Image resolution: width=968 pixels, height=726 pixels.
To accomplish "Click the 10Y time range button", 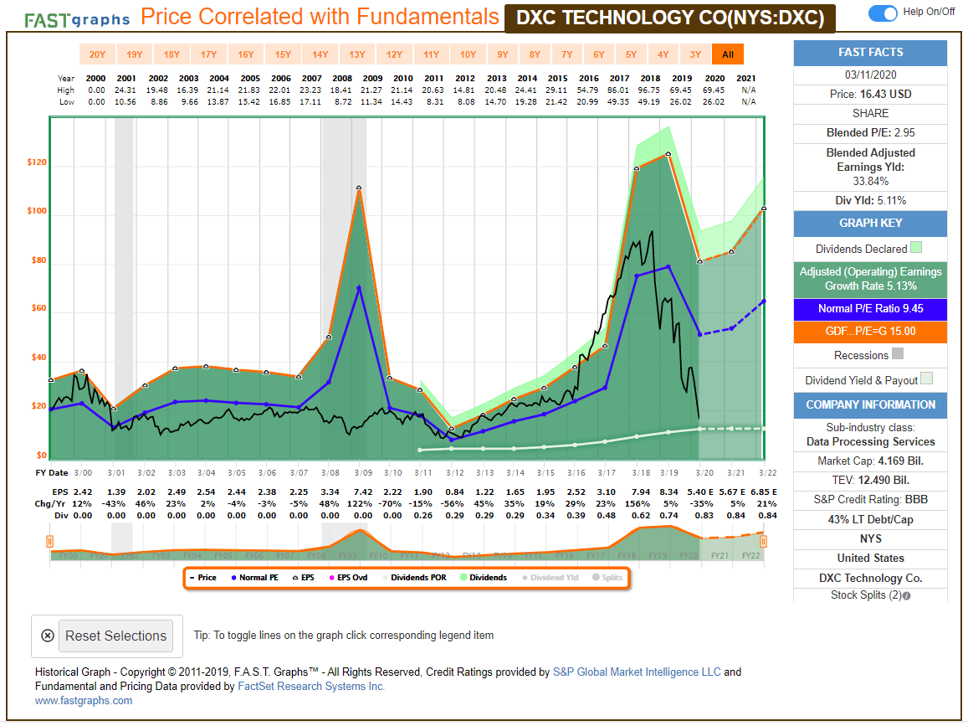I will click(x=467, y=54).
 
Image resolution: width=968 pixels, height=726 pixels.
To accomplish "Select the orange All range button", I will click(x=727, y=54).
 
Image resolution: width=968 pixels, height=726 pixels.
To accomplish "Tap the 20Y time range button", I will click(x=97, y=54).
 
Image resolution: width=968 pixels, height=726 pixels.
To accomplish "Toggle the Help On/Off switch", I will click(x=883, y=13).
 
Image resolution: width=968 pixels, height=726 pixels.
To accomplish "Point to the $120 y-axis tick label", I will click(x=37, y=163).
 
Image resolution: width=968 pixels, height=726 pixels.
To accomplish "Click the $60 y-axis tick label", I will click(x=37, y=309).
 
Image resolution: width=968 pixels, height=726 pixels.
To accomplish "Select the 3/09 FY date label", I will click(x=361, y=473).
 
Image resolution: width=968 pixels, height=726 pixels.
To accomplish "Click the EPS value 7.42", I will click(x=362, y=492).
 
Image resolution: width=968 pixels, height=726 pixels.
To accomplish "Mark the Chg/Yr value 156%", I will click(x=638, y=504).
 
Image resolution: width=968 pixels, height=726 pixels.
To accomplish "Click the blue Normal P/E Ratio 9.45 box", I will click(x=870, y=309).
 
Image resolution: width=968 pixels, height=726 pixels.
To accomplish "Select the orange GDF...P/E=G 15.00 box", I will click(x=870, y=332).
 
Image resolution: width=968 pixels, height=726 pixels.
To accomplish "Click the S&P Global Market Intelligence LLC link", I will click(x=637, y=672).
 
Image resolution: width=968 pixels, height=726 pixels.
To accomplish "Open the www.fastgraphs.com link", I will click(x=84, y=701).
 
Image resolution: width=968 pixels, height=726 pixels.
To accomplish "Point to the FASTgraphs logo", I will click(x=77, y=19).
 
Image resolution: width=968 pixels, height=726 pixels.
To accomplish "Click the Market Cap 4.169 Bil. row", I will click(x=870, y=461).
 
